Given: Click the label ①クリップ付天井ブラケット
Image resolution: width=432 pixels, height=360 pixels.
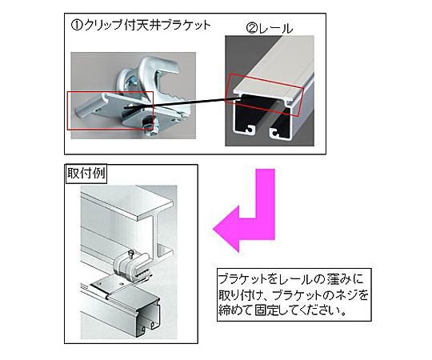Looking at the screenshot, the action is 141,26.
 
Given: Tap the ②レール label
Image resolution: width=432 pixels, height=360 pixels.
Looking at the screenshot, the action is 270,29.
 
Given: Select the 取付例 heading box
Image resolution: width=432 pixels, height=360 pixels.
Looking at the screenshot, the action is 86,174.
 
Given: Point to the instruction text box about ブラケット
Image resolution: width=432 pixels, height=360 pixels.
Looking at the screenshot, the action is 294,295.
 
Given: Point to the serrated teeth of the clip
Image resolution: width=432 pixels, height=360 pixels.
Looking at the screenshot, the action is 174,95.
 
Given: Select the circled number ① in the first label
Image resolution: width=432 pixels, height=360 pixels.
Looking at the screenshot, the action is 76,26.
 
